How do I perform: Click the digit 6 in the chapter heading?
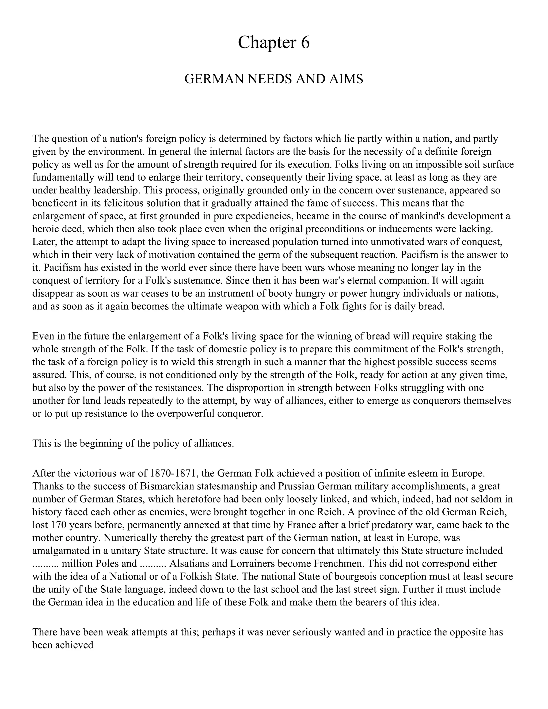pyautogui.click(x=305, y=43)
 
